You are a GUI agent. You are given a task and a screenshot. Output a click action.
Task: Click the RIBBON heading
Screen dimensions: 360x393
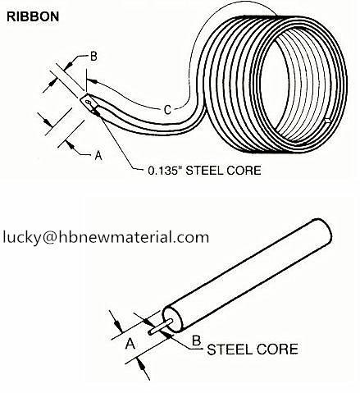tap(33, 16)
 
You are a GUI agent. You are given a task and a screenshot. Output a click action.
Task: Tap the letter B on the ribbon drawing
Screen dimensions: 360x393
tap(93, 57)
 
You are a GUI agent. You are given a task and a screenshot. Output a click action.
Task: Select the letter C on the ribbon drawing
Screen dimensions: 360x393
tap(167, 110)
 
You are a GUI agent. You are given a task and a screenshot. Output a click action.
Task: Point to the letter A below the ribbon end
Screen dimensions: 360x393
tap(98, 156)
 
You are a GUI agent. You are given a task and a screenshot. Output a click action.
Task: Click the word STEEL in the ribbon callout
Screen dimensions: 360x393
tap(201, 171)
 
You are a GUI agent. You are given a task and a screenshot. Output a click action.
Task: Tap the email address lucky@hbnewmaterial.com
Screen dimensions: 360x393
tap(106, 237)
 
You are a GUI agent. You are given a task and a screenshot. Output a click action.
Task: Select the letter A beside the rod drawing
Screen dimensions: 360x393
tap(130, 344)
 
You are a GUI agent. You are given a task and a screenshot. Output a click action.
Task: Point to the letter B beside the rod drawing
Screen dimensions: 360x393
tap(196, 340)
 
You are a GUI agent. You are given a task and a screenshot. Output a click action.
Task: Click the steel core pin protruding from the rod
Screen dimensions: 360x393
tap(160, 327)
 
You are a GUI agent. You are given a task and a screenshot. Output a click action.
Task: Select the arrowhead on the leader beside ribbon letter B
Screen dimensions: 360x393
tap(69, 64)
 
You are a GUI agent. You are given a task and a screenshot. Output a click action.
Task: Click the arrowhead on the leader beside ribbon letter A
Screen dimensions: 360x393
tap(71, 145)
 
